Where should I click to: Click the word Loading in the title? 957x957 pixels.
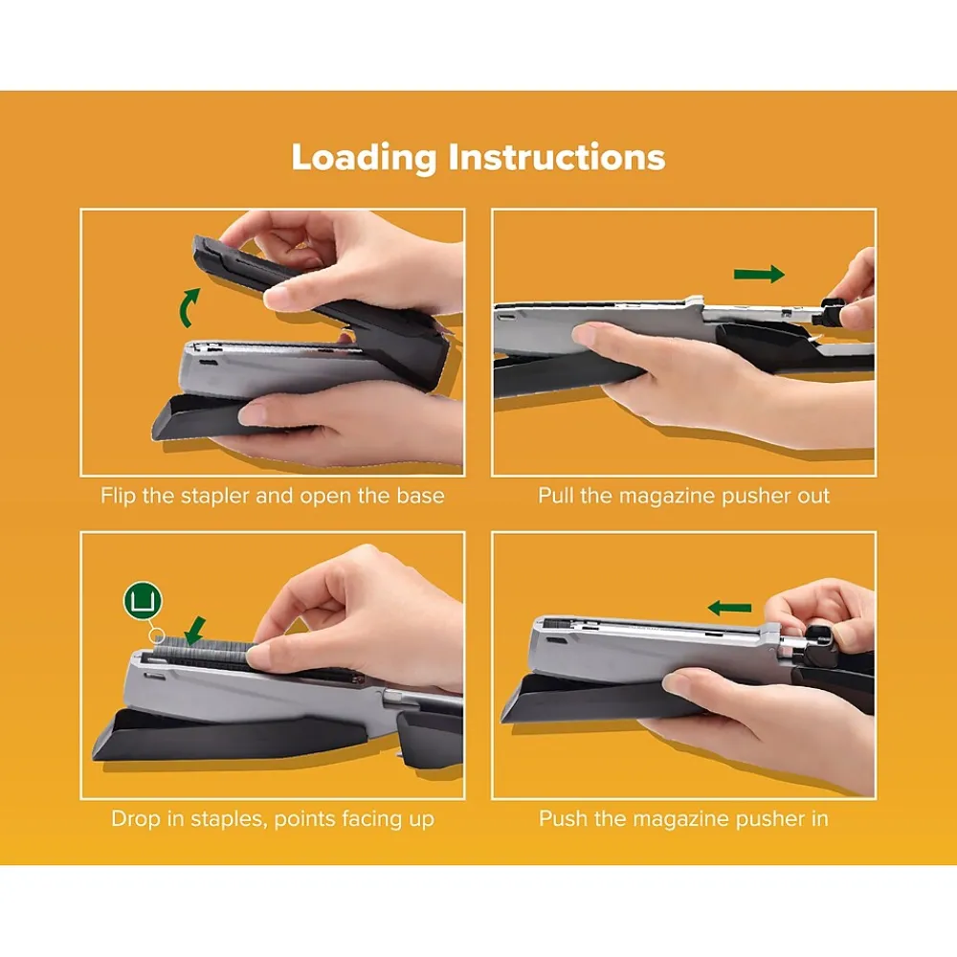point(364,158)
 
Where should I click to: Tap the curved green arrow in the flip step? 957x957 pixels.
point(189,308)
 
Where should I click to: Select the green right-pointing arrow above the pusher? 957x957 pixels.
point(759,274)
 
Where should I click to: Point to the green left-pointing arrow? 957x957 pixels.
point(729,608)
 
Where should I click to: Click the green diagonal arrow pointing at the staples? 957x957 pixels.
point(195,631)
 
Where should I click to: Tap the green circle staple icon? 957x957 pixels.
point(143,601)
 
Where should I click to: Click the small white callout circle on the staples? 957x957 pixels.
point(158,635)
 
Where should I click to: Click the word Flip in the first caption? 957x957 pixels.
point(118,496)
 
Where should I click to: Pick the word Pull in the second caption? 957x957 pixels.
point(556,495)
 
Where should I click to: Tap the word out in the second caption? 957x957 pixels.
point(813,496)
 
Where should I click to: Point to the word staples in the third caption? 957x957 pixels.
point(229,819)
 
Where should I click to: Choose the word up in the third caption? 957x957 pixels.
point(421,820)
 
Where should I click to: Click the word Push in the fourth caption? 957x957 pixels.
point(564,818)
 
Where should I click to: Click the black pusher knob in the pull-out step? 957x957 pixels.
point(832,312)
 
